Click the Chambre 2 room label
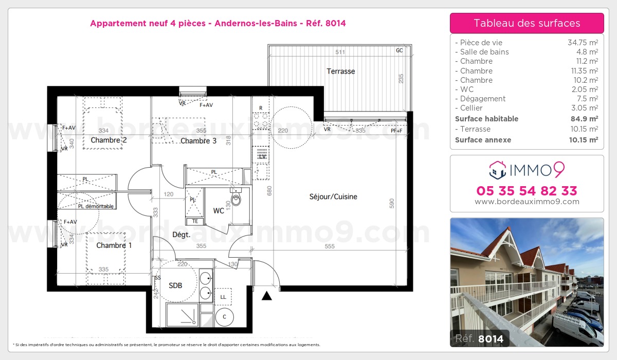pos(108,140)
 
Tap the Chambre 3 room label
pos(198,141)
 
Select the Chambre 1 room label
pos(114,245)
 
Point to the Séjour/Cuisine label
pos(333,196)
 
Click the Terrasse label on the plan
pos(340,71)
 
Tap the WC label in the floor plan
pos(219,210)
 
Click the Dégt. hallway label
pos(181,235)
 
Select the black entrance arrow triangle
pos(266,296)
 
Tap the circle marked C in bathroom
pos(224,317)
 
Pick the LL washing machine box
pos(223,297)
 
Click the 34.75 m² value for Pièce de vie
pos(582,43)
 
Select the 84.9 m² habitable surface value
pos(585,119)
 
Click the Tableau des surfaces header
pos(527,23)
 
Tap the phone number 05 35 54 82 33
pos(527,191)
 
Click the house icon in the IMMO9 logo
pos(497,168)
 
